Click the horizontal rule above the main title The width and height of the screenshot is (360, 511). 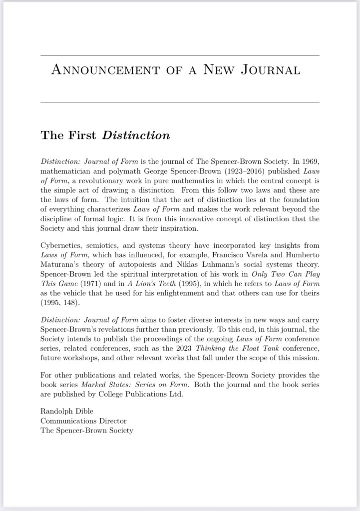click(180, 55)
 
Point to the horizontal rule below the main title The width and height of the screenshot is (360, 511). click(180, 102)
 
